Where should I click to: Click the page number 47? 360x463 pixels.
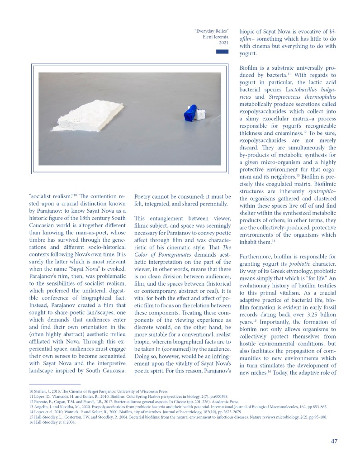coord(334,441)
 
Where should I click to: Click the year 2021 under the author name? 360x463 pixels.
coord(223,43)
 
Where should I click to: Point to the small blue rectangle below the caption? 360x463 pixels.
coord(222,52)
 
